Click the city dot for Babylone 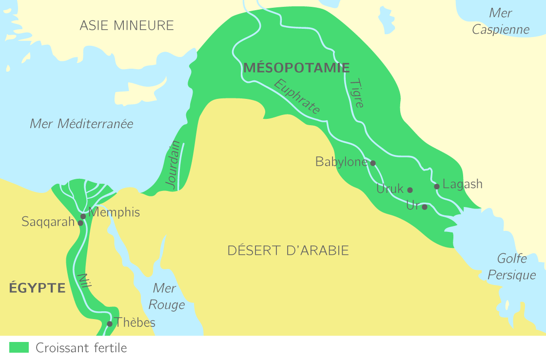373,163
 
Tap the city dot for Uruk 410,190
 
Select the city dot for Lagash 437,186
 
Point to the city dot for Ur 425,207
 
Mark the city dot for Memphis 83,216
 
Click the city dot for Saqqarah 80,223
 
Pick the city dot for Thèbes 110,323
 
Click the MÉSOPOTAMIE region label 296,68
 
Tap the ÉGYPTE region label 38,288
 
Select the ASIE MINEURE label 127,25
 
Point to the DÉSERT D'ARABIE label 288,250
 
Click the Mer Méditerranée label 81,124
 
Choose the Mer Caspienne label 501,21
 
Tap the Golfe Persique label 512,266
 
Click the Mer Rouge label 166,296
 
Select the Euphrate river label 297,96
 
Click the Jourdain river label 173,165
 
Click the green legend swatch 19,347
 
